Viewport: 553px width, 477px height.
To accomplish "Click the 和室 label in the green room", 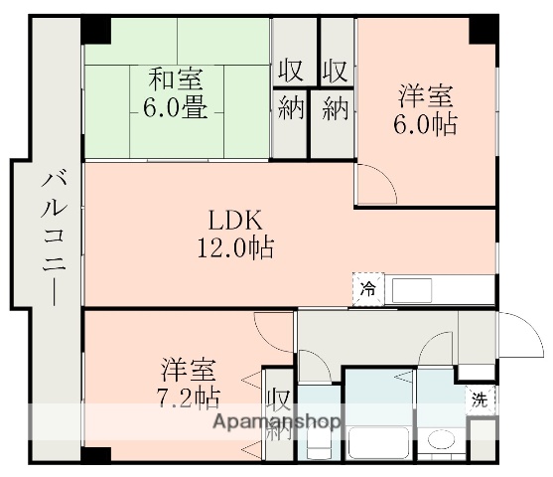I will pyautogui.click(x=178, y=78).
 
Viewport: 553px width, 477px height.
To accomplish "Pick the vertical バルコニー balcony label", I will pyautogui.click(x=50, y=239).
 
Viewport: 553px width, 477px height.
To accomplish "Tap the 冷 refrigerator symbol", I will pyautogui.click(x=368, y=289).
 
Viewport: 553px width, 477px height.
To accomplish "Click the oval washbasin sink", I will pyautogui.click(x=440, y=439).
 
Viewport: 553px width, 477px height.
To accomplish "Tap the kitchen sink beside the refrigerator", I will pyautogui.click(x=411, y=290).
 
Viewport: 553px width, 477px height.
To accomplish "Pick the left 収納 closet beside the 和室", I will pyautogui.click(x=290, y=89).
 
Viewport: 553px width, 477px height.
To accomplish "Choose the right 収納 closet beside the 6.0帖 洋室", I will pyautogui.click(x=335, y=89).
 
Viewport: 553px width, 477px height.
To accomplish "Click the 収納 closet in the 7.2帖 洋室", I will pyautogui.click(x=279, y=414).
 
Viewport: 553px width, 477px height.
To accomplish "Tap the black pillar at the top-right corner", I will pyautogui.click(x=484, y=28).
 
